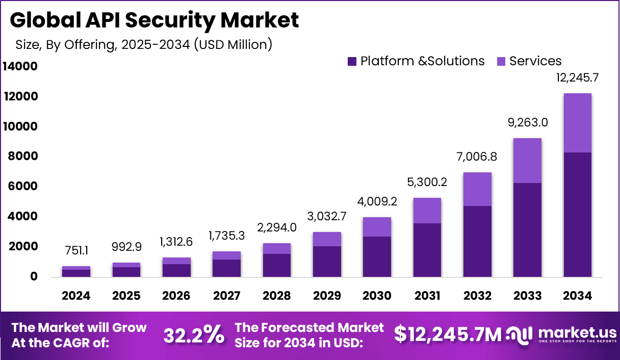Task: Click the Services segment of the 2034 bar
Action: (577, 123)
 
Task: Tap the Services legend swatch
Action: (501, 62)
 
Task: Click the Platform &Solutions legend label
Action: (422, 61)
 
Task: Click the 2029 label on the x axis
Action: (327, 296)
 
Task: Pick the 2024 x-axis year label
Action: (76, 296)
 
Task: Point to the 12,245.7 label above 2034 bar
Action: (577, 78)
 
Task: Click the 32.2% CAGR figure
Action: (194, 335)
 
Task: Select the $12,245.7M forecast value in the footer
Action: (448, 335)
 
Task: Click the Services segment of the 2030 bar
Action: (377, 227)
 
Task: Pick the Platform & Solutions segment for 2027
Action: (227, 268)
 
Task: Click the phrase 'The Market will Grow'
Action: (79, 327)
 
